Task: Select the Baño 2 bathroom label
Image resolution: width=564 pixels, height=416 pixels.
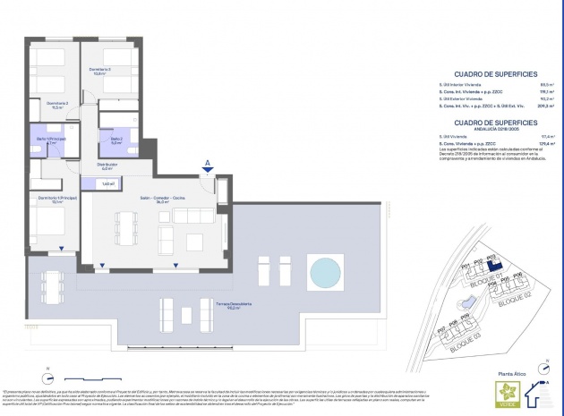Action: click(116, 140)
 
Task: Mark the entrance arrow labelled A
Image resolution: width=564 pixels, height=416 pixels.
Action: click(208, 169)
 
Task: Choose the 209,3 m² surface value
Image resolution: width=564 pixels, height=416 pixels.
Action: click(525, 106)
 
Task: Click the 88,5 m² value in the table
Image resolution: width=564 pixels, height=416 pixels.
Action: click(526, 82)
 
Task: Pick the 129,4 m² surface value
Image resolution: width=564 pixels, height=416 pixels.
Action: click(526, 143)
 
